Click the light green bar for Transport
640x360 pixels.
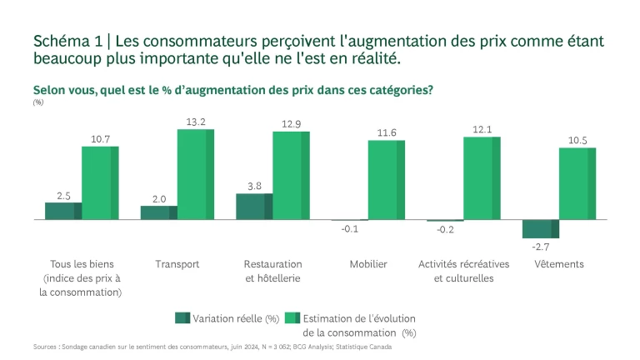click(195, 174)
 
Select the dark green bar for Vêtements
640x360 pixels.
click(540, 229)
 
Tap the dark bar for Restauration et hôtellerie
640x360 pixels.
click(254, 207)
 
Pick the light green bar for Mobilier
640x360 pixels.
click(387, 179)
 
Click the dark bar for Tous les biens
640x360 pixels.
click(63, 211)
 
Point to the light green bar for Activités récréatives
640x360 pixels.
click(482, 177)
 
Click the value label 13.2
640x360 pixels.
click(196, 122)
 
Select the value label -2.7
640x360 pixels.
click(540, 247)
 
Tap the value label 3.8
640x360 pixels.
click(253, 186)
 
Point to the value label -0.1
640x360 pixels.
click(350, 229)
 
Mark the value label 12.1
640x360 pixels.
click(482, 129)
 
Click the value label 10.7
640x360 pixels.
click(100, 138)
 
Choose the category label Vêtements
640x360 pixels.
click(558, 264)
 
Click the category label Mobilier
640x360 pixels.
click(367, 264)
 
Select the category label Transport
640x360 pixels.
click(177, 264)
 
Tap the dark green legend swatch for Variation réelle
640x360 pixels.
click(182, 318)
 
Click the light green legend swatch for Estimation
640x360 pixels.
click(292, 318)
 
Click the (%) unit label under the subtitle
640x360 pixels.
click(38, 102)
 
